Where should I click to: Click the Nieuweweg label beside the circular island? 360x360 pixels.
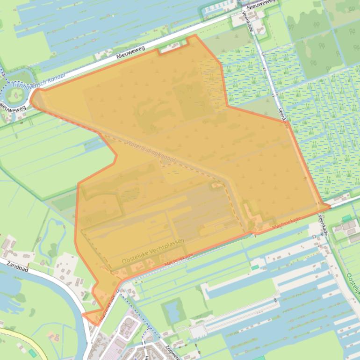coord(8,107)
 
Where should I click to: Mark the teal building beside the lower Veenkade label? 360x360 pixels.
coord(346,218)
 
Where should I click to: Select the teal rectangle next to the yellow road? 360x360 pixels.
coord(32,353)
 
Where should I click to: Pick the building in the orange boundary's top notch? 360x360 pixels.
coord(172,47)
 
